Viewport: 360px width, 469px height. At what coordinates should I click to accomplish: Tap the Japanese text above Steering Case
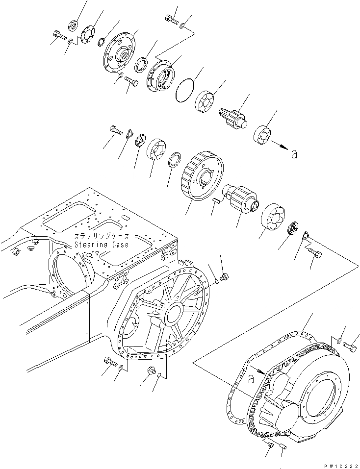click(x=102, y=237)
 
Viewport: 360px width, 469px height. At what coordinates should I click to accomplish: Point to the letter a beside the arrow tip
click(x=294, y=154)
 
